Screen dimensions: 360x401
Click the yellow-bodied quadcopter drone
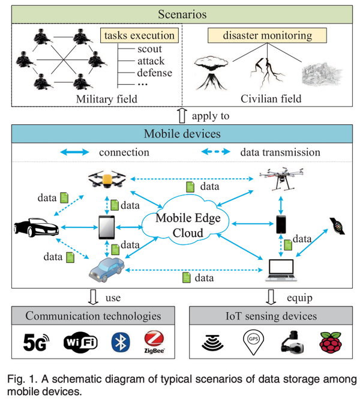click(x=107, y=179)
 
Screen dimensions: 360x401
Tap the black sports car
click(x=37, y=227)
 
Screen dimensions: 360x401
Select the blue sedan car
click(x=107, y=270)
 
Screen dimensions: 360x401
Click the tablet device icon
click(x=107, y=228)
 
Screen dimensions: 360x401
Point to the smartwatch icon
click(x=337, y=226)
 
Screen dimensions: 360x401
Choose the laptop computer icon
click(x=281, y=270)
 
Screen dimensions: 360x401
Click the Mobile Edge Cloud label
click(x=188, y=225)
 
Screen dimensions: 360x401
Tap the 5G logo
click(x=36, y=342)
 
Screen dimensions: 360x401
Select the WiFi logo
click(x=80, y=342)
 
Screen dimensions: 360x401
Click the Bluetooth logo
click(x=121, y=342)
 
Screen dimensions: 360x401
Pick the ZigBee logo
click(x=154, y=342)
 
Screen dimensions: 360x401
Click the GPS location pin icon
click(x=253, y=342)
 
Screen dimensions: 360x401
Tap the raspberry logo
click(x=331, y=342)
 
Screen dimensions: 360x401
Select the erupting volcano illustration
click(x=211, y=73)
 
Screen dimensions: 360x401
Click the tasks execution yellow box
click(x=139, y=35)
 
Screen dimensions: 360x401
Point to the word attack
click(x=151, y=61)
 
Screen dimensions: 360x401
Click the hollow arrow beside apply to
click(x=182, y=116)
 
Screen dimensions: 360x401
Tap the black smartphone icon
click(x=281, y=225)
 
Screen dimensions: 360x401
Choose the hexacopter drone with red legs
click(x=281, y=179)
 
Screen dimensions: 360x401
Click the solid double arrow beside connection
click(x=74, y=152)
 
